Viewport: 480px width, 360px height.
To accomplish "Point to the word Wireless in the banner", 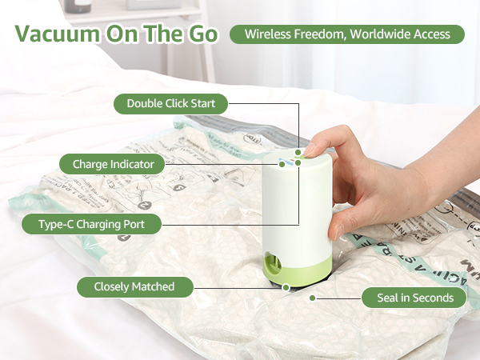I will (270, 34).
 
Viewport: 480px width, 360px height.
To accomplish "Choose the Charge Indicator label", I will (112, 165).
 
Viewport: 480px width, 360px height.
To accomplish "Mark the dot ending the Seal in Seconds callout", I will (313, 298).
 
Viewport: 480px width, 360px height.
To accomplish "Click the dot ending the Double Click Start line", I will (298, 151).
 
